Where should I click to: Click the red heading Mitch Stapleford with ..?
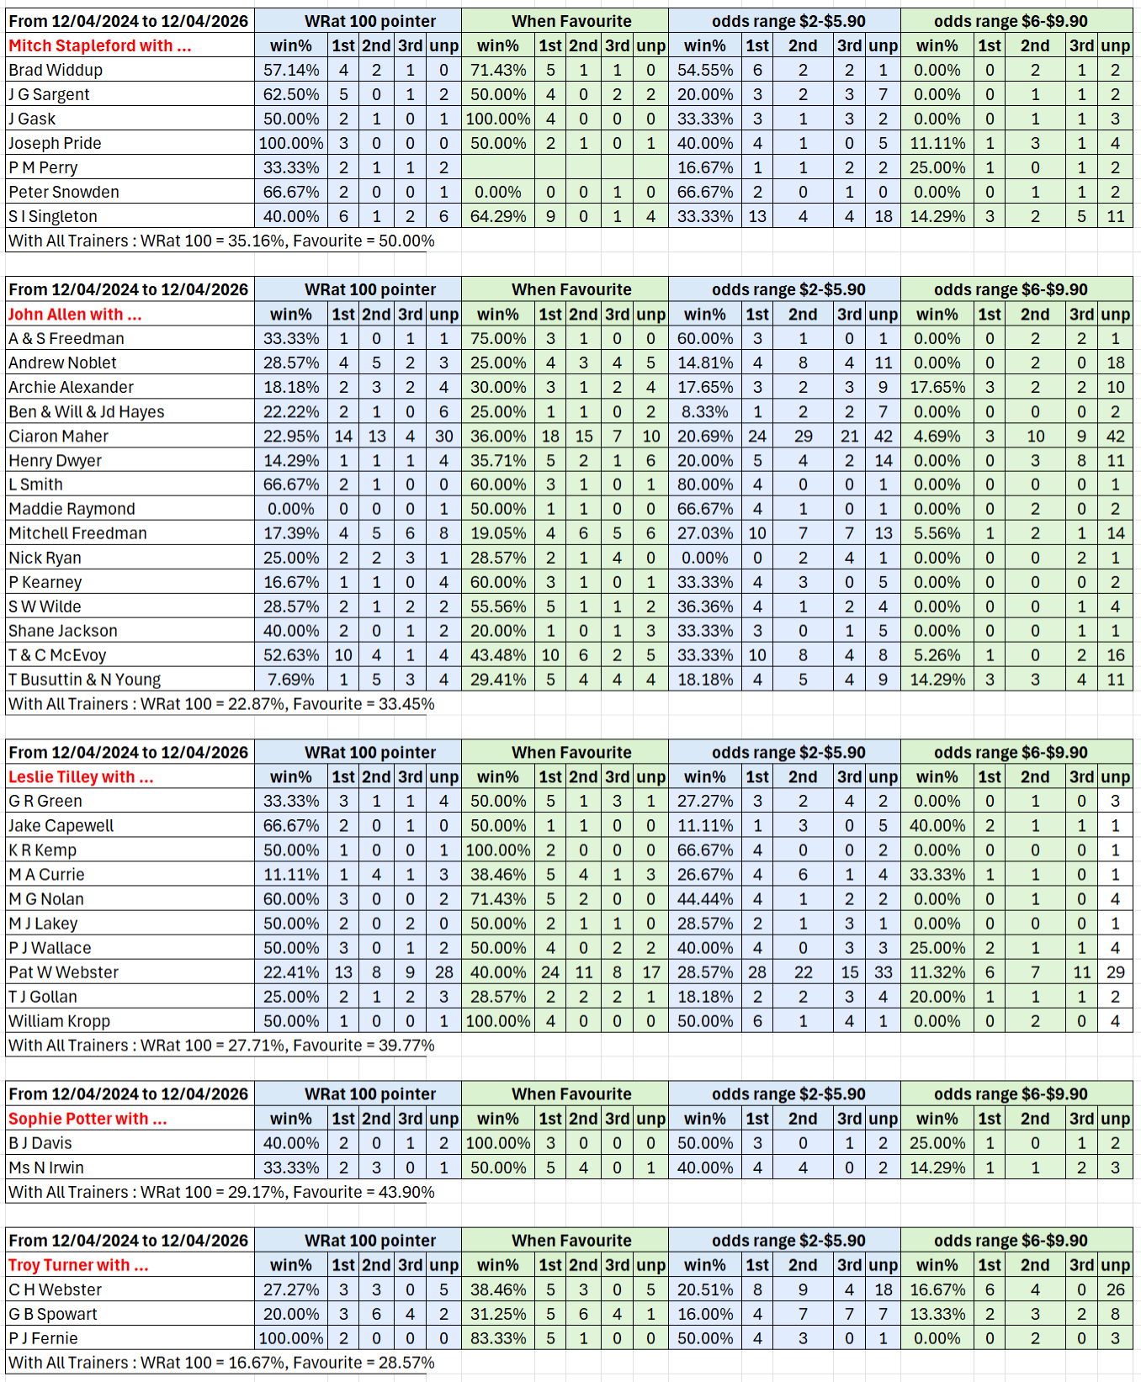[x=100, y=46]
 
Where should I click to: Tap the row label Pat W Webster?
[x=64, y=972]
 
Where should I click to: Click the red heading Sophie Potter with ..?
[x=88, y=1119]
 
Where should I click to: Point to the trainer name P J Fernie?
[x=43, y=1338]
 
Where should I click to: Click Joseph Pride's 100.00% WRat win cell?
[x=291, y=144]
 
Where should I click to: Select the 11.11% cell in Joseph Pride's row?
[x=937, y=144]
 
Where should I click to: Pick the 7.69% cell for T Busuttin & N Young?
[x=291, y=680]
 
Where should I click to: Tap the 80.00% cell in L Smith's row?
[x=705, y=484]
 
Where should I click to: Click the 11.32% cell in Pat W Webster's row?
[x=937, y=972]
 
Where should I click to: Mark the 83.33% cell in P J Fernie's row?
[x=498, y=1338]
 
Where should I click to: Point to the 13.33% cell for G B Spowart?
[x=937, y=1314]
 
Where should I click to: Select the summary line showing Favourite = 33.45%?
[x=221, y=704]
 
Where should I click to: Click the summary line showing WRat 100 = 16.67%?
[x=221, y=1363]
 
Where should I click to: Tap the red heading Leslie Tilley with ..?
[x=81, y=777]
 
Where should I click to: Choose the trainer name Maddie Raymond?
[x=72, y=509]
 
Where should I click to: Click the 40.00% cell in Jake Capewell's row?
[x=937, y=826]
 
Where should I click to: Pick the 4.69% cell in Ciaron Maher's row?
[x=937, y=437]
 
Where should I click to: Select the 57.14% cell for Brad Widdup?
[x=291, y=71]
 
